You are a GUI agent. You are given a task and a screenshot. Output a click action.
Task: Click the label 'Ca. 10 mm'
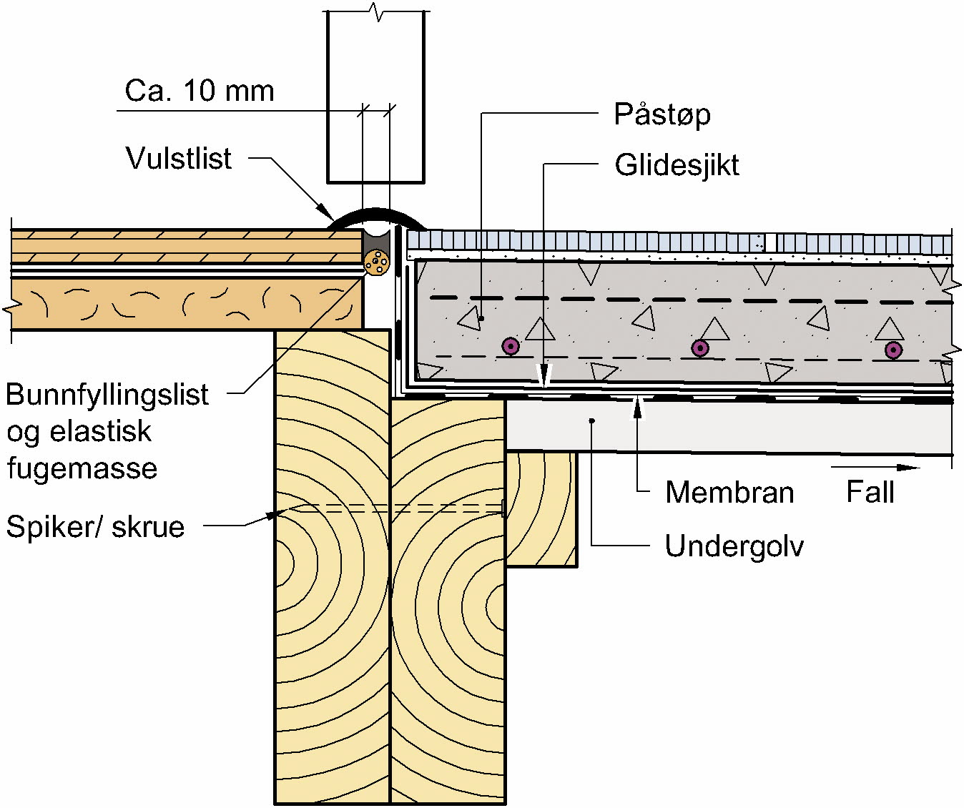coord(200,92)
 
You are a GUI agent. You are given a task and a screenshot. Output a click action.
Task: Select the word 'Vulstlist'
coord(179,158)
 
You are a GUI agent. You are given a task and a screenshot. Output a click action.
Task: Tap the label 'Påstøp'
coord(662,114)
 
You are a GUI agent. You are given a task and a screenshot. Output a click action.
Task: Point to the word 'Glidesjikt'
coord(677,165)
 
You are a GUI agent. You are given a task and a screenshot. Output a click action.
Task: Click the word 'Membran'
coord(729,493)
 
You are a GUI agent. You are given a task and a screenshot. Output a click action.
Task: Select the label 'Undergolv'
coord(734,546)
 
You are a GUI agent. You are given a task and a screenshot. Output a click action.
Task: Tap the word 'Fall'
coord(870,492)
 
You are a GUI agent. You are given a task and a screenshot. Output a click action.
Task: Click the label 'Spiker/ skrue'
coord(96,527)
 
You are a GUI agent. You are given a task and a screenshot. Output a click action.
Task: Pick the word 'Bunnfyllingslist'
coord(107,395)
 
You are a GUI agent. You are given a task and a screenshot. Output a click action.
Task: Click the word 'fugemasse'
coord(82,468)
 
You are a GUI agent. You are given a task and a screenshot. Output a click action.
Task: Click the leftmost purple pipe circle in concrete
coord(511,347)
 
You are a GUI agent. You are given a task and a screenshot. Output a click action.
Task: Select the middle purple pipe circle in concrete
coord(701,348)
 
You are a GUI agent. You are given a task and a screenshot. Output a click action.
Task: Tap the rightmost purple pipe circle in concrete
coord(893,350)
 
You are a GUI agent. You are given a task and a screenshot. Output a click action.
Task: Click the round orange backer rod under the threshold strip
coord(377,262)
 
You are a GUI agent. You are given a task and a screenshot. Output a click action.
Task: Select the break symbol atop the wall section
coord(376,11)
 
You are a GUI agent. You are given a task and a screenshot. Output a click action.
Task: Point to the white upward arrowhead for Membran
coord(638,408)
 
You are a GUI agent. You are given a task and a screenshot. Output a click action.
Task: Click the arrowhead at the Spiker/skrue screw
coord(272,513)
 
